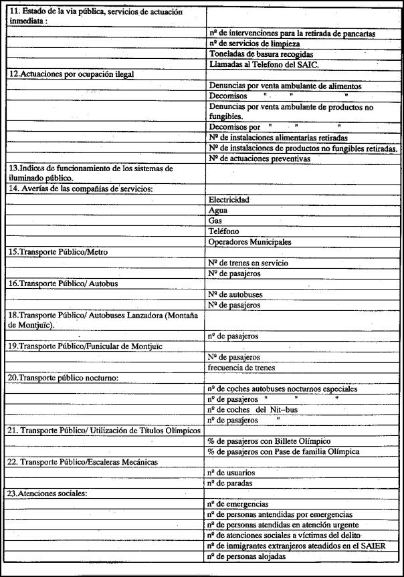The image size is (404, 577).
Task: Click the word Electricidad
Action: [x=229, y=200]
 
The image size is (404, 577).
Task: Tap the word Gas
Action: [x=215, y=221]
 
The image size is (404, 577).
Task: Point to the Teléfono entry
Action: [x=224, y=231]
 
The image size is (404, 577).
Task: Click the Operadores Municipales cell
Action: [x=250, y=241]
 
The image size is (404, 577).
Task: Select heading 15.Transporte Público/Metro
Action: [x=58, y=252]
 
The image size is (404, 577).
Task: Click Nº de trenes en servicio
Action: [x=248, y=263]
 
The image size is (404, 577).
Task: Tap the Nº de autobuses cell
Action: [x=235, y=295]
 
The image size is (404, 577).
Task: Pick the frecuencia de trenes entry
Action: [x=241, y=368]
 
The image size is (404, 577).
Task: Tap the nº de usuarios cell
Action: [x=231, y=473]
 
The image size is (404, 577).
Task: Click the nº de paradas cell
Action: [x=230, y=483]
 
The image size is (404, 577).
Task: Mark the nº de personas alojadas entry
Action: [x=247, y=556]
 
